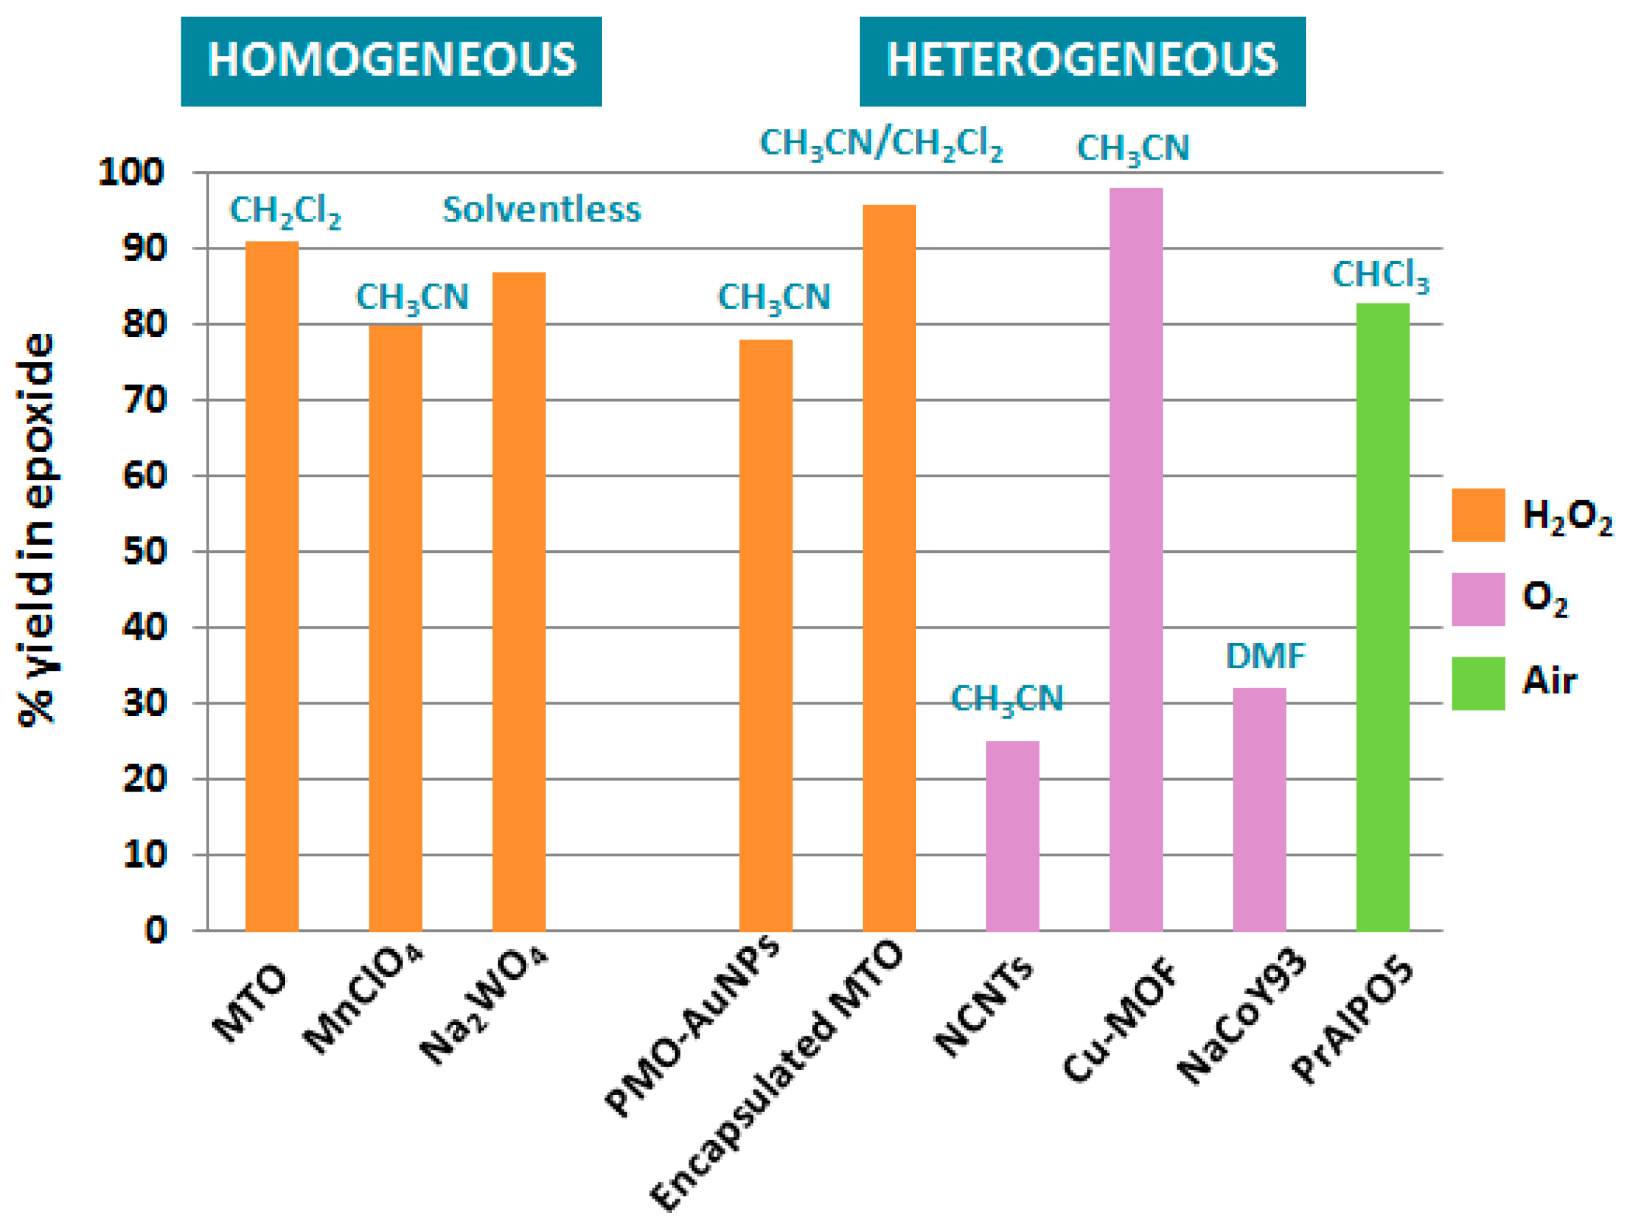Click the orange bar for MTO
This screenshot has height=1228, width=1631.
[x=272, y=586]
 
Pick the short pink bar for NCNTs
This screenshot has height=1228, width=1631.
[x=1012, y=836]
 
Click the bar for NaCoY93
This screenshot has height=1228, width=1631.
[x=1260, y=809]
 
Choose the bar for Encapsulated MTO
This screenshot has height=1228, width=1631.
[x=889, y=568]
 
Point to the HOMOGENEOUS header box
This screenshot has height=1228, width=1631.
[x=391, y=61]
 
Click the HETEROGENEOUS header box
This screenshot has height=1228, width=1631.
[x=1082, y=61]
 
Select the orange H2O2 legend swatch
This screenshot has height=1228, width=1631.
[x=1478, y=515]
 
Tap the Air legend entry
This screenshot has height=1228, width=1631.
[x=1549, y=680]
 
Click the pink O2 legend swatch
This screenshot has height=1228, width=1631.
[x=1478, y=599]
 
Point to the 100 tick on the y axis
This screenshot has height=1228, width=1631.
[x=132, y=173]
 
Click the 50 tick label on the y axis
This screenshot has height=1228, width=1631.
[x=144, y=552]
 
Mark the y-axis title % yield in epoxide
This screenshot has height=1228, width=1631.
[x=37, y=530]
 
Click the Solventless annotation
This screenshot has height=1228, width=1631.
[x=541, y=210]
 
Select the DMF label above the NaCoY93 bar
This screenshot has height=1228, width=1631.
[x=1265, y=656]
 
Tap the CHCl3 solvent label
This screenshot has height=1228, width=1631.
[x=1380, y=276]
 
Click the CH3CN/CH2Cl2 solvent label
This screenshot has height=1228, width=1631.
[x=881, y=144]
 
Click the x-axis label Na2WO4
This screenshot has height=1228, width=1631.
[x=483, y=1006]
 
